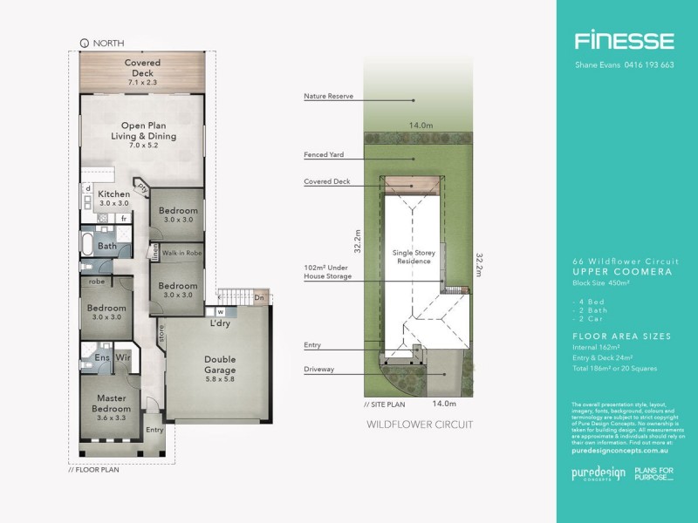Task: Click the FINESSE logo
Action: pyautogui.click(x=623, y=40)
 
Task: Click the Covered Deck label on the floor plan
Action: pyautogui.click(x=141, y=68)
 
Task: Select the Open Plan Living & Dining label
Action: pyautogui.click(x=143, y=131)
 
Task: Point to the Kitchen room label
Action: pyautogui.click(x=113, y=194)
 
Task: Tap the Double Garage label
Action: pyautogui.click(x=220, y=363)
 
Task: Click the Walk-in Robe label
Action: pyautogui.click(x=182, y=253)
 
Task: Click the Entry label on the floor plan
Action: pyautogui.click(x=154, y=429)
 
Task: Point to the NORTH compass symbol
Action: pyautogui.click(x=85, y=43)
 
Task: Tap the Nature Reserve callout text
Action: pyautogui.click(x=328, y=96)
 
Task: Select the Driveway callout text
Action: pyautogui.click(x=319, y=369)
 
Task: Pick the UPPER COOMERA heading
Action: pyautogui.click(x=610, y=270)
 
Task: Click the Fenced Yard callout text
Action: pyautogui.click(x=323, y=155)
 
